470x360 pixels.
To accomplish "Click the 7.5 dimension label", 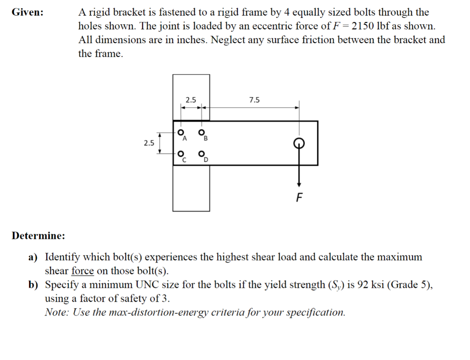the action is (254, 100).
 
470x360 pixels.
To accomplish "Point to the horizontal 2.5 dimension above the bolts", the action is (190, 100).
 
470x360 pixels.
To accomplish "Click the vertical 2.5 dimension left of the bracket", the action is (148, 143).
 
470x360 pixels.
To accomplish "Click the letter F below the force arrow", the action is (299, 198).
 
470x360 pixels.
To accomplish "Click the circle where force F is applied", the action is (299, 142).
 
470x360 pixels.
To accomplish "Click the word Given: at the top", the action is (28, 12).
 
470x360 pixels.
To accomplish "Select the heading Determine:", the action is (39, 236).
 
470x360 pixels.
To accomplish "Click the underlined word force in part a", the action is (83, 271).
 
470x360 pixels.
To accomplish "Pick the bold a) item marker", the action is (34, 257).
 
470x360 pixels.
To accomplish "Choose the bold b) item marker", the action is (34, 285).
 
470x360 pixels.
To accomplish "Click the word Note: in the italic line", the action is (56, 313).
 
